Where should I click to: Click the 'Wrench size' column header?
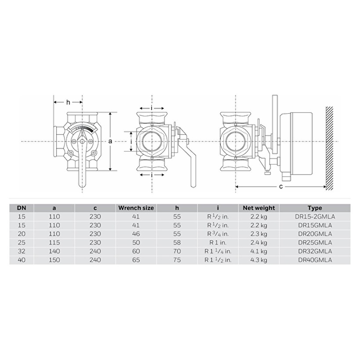(x=136, y=208)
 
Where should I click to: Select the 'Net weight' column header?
(x=259, y=208)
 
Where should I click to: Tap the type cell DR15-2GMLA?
(x=315, y=216)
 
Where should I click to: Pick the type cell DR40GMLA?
(x=315, y=260)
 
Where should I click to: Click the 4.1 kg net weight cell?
(x=259, y=251)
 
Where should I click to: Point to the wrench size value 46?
(x=136, y=234)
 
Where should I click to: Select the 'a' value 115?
(x=54, y=242)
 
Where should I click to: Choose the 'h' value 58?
(x=177, y=242)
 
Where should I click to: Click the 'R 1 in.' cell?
(x=218, y=242)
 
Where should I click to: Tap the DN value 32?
(x=22, y=251)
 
